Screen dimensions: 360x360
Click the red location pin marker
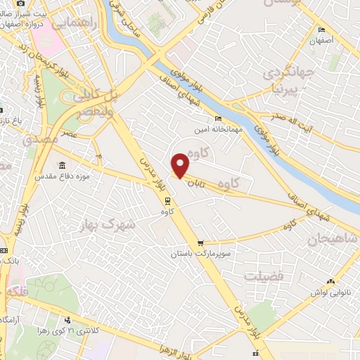(181, 165)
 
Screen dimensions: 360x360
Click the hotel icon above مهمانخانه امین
(218, 119)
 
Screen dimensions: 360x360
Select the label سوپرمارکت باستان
(201, 254)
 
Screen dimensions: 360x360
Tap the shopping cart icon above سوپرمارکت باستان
(201, 243)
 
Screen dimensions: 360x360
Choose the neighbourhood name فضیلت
(264, 276)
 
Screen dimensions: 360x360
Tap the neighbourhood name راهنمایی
(71, 24)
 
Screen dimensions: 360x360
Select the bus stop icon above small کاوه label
(166, 200)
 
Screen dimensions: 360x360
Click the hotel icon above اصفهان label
(321, 30)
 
